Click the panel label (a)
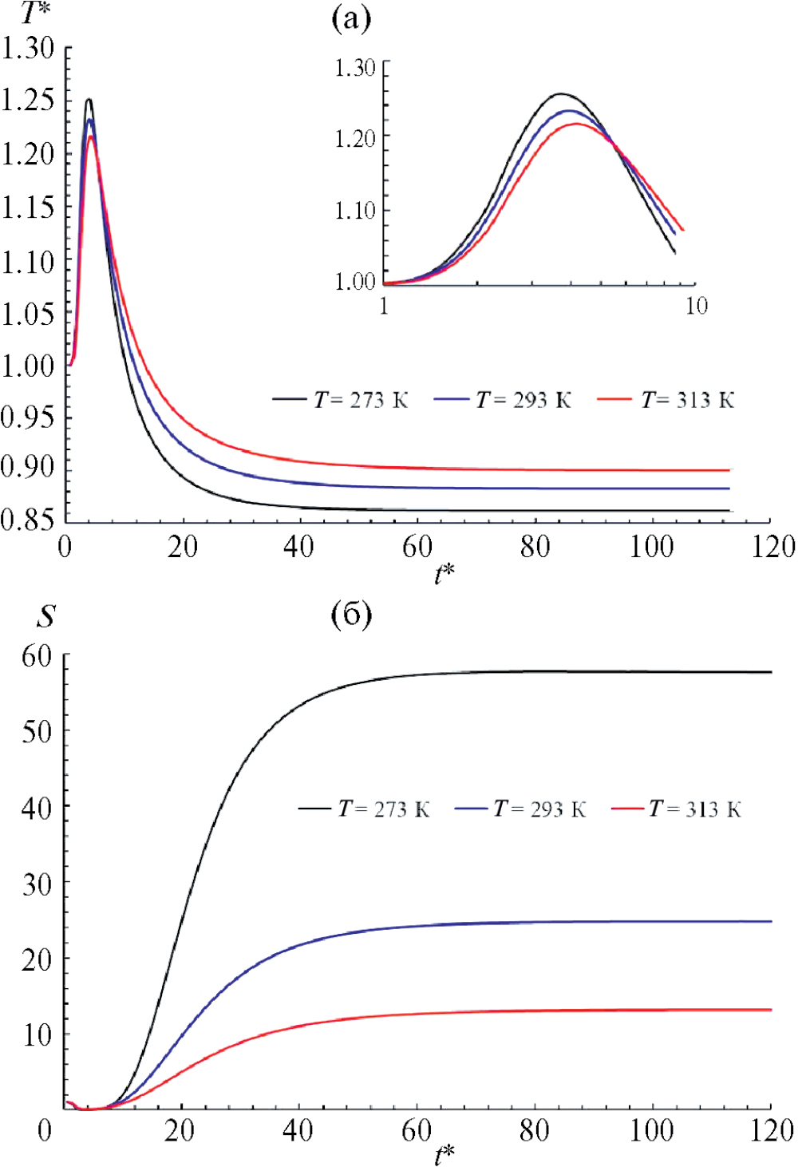click(x=351, y=18)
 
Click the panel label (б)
click(x=351, y=615)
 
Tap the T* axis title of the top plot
click(x=34, y=12)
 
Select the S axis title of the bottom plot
click(x=46, y=616)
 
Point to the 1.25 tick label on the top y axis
click(x=28, y=101)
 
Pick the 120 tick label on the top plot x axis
click(x=772, y=548)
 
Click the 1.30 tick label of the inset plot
click(x=354, y=68)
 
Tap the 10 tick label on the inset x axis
click(x=696, y=306)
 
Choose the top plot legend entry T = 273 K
click(x=341, y=399)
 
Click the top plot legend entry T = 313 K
click(x=666, y=399)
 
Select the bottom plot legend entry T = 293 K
click(x=521, y=809)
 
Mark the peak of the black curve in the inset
click(x=562, y=94)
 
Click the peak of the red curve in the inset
click(x=576, y=124)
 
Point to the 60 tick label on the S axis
click(x=37, y=657)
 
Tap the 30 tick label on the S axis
click(x=37, y=884)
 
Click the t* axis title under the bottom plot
click(x=444, y=1154)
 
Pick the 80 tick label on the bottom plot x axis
click(x=534, y=1130)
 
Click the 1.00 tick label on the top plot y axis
click(x=28, y=366)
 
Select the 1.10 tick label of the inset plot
click(x=354, y=211)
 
